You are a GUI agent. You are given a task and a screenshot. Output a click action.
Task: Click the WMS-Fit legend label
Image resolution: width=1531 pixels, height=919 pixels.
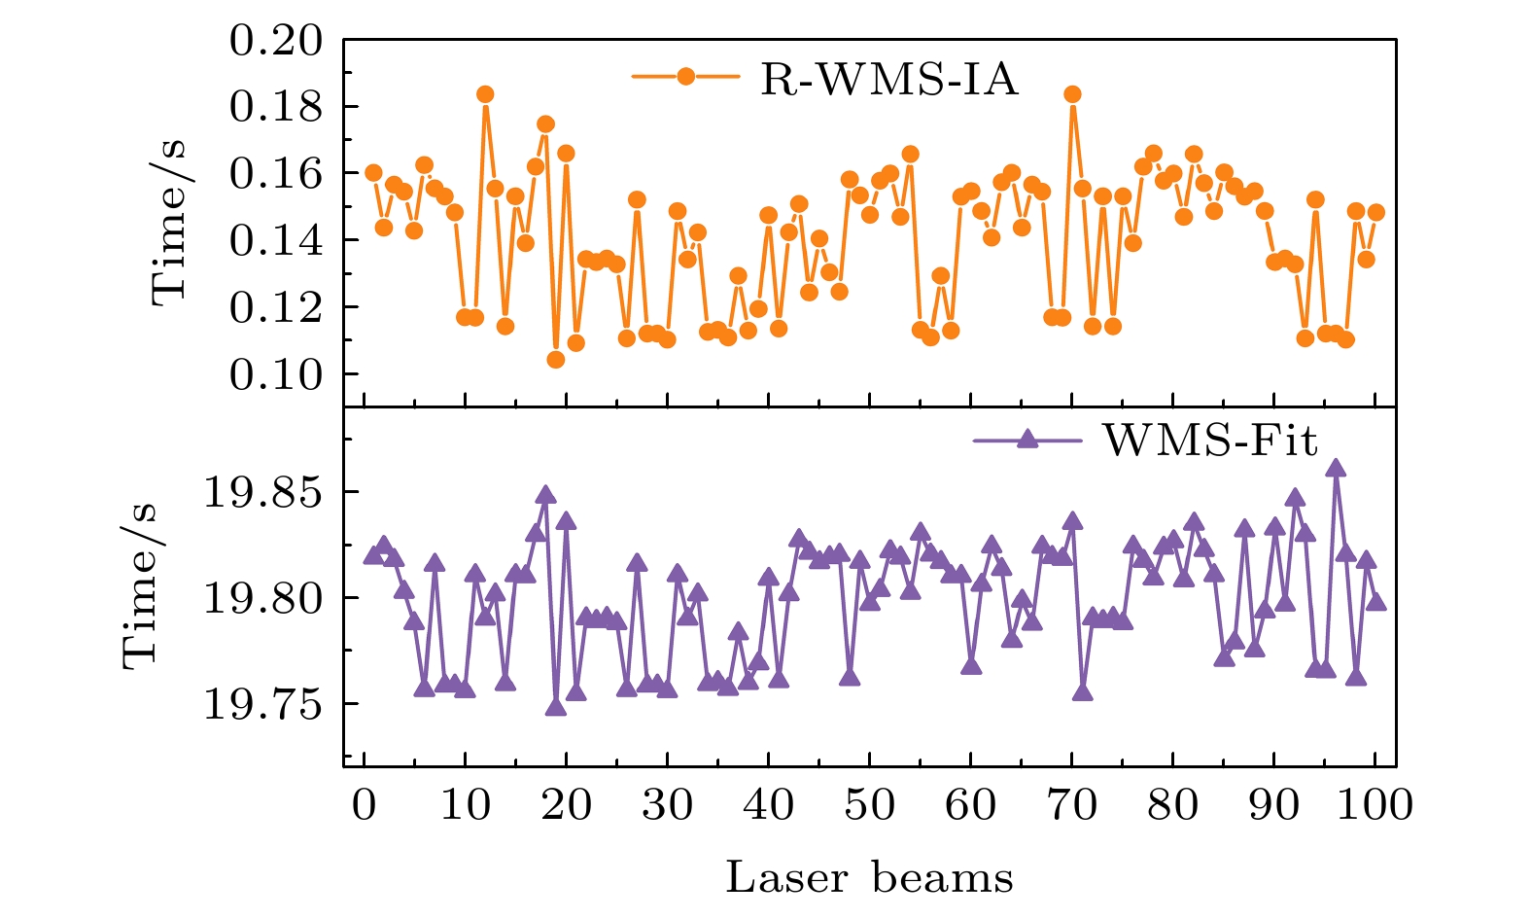(x=1210, y=441)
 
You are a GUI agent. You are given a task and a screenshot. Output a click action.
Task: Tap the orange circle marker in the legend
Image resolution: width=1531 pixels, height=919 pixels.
(x=685, y=77)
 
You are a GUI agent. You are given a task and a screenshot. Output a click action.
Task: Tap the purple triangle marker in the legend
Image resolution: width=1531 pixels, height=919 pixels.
(x=1026, y=440)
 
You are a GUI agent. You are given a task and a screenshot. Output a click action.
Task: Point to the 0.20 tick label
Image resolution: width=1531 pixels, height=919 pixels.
(x=275, y=41)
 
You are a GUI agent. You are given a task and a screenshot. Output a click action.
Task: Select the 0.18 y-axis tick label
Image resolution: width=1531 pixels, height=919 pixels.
(x=275, y=107)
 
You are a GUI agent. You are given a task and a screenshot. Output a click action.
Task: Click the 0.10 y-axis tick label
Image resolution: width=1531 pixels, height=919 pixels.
(x=275, y=374)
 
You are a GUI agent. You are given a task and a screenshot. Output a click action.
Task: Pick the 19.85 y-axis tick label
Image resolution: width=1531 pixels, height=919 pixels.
(x=261, y=493)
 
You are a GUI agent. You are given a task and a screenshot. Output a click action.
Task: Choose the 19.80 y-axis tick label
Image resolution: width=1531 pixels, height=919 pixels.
(x=261, y=598)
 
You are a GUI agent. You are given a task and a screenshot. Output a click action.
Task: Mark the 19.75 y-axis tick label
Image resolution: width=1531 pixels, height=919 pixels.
(x=261, y=704)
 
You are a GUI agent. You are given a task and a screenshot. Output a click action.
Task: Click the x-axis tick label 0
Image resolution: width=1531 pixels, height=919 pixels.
(x=364, y=804)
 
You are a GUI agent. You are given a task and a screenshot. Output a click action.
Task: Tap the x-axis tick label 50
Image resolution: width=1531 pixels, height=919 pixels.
(x=869, y=804)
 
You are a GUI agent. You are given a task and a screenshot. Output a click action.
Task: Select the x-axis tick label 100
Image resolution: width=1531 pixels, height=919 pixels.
(x=1374, y=804)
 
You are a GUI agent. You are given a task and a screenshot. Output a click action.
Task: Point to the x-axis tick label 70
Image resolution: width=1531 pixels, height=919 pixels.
(x=1071, y=804)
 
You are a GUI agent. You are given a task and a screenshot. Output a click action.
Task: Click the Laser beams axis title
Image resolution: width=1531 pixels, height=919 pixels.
(x=869, y=877)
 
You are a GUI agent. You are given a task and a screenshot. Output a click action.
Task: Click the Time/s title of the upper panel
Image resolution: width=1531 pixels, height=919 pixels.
(x=169, y=222)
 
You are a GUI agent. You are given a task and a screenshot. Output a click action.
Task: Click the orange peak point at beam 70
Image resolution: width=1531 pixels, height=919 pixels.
(x=1072, y=94)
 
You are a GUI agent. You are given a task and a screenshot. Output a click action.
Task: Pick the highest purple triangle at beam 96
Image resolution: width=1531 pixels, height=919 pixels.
(x=1336, y=469)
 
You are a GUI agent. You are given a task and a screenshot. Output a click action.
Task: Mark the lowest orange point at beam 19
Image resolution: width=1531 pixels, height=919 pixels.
(x=556, y=360)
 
